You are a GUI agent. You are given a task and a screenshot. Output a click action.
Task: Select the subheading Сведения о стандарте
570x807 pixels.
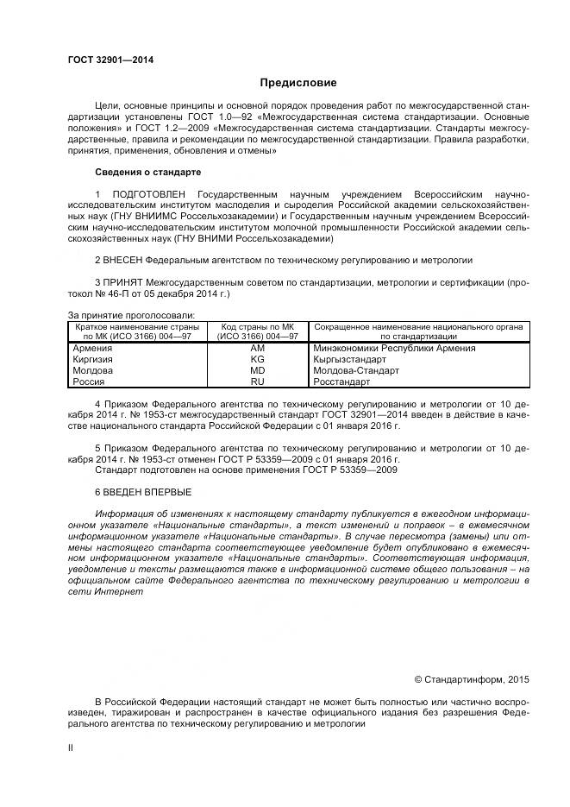tap(147, 171)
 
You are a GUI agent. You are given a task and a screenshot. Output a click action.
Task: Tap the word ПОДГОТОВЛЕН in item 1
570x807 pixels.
tap(149, 193)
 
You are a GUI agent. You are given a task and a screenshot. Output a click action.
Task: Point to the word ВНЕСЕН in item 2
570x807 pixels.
tap(122, 259)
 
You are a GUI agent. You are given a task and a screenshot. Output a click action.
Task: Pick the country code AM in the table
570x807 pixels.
tap(257, 348)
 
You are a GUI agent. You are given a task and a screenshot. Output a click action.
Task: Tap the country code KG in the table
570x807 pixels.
tap(257, 358)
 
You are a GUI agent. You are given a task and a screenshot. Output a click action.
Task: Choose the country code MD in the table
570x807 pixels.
tap(257, 369)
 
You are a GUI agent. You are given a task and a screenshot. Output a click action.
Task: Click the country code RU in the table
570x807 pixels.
tap(257, 381)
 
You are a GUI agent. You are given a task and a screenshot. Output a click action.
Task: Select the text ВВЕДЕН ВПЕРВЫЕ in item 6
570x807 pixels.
tap(143, 491)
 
